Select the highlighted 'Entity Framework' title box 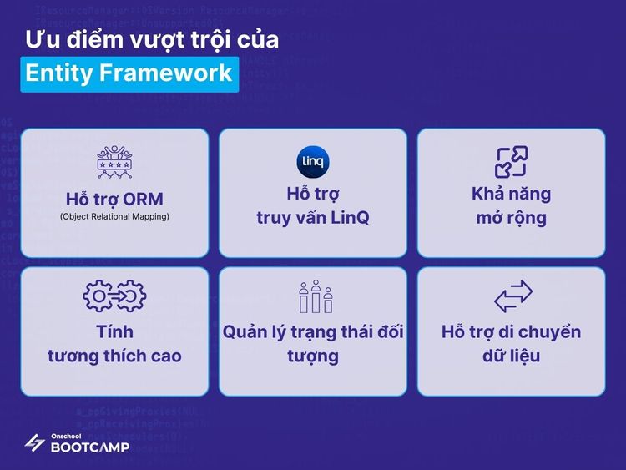(x=129, y=73)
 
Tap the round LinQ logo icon (x=313, y=161)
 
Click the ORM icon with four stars (x=114, y=161)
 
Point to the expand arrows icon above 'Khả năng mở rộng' (x=511, y=161)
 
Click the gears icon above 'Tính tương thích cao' (x=114, y=296)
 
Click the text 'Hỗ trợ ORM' (x=114, y=200)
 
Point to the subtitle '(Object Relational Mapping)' (x=114, y=217)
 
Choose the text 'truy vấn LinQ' (x=313, y=218)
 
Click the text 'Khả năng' (x=511, y=194)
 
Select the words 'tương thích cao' (x=114, y=356)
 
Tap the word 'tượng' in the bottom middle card (x=313, y=356)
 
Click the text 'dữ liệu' (x=511, y=356)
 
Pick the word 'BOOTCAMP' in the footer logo (x=90, y=447)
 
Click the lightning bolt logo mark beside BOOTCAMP (x=35, y=442)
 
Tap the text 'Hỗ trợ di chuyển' (x=511, y=331)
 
